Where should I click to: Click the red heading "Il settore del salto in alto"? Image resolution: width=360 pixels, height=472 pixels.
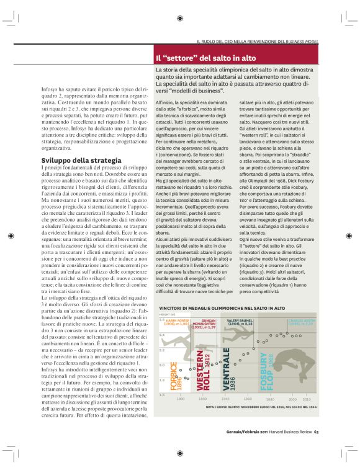pyautogui.click(x=205, y=58)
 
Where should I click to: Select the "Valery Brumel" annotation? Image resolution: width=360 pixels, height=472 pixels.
pyautogui.click(x=240, y=323)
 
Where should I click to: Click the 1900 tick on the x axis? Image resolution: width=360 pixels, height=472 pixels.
pyautogui.click(x=180, y=399)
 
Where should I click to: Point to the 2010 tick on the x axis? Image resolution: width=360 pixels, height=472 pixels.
pyautogui.click(x=306, y=399)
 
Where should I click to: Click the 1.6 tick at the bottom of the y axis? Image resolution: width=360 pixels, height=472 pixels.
pyautogui.click(x=162, y=394)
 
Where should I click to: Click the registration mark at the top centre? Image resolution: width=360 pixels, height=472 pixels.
pyautogui.click(x=180, y=19)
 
